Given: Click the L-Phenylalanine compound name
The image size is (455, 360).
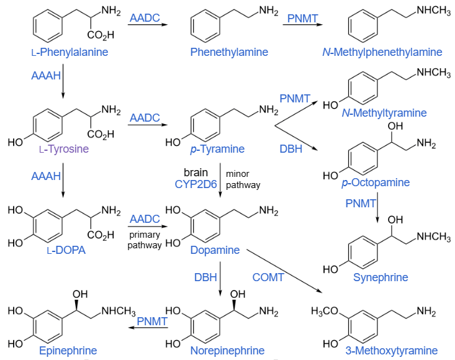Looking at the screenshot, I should pos(70,52).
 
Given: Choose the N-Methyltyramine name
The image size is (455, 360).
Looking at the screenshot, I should pos(384,113).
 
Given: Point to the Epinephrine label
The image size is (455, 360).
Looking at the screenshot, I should pos(64,351).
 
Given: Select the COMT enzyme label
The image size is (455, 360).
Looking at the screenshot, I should pos(268,277).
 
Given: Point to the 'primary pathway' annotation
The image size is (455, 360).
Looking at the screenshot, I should pos(145,240).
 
